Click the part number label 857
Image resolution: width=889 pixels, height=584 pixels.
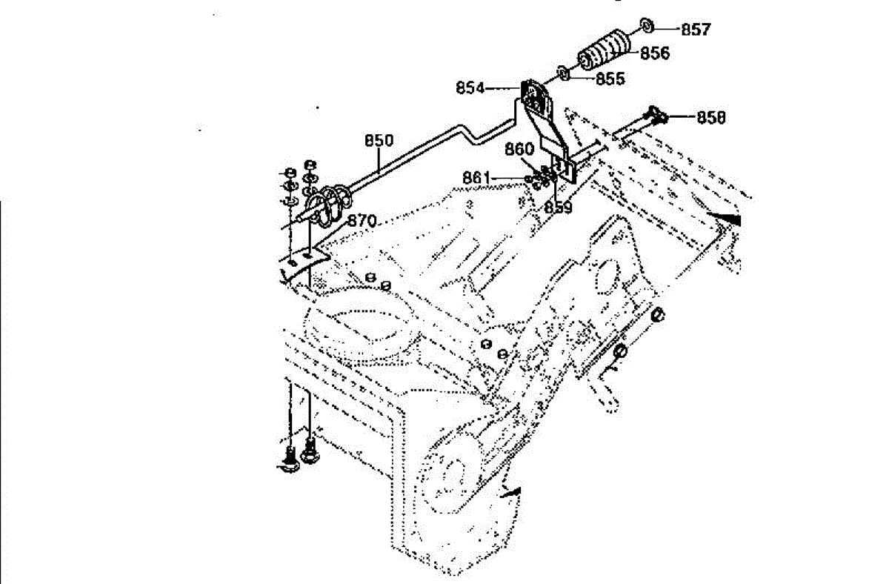[x=696, y=30]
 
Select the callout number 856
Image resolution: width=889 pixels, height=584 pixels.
[x=654, y=53]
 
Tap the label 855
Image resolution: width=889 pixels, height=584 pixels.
[x=610, y=79]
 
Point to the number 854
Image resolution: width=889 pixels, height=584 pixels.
[x=470, y=88]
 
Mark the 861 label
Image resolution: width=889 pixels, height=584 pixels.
[x=476, y=178]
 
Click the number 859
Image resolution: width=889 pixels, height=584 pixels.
[x=558, y=208]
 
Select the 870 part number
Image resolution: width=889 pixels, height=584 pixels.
[x=362, y=221]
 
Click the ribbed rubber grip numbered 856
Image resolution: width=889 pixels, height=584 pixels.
[x=602, y=51]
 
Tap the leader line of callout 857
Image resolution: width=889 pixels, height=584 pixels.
[x=666, y=29]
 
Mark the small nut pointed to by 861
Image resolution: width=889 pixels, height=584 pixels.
[x=529, y=179]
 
